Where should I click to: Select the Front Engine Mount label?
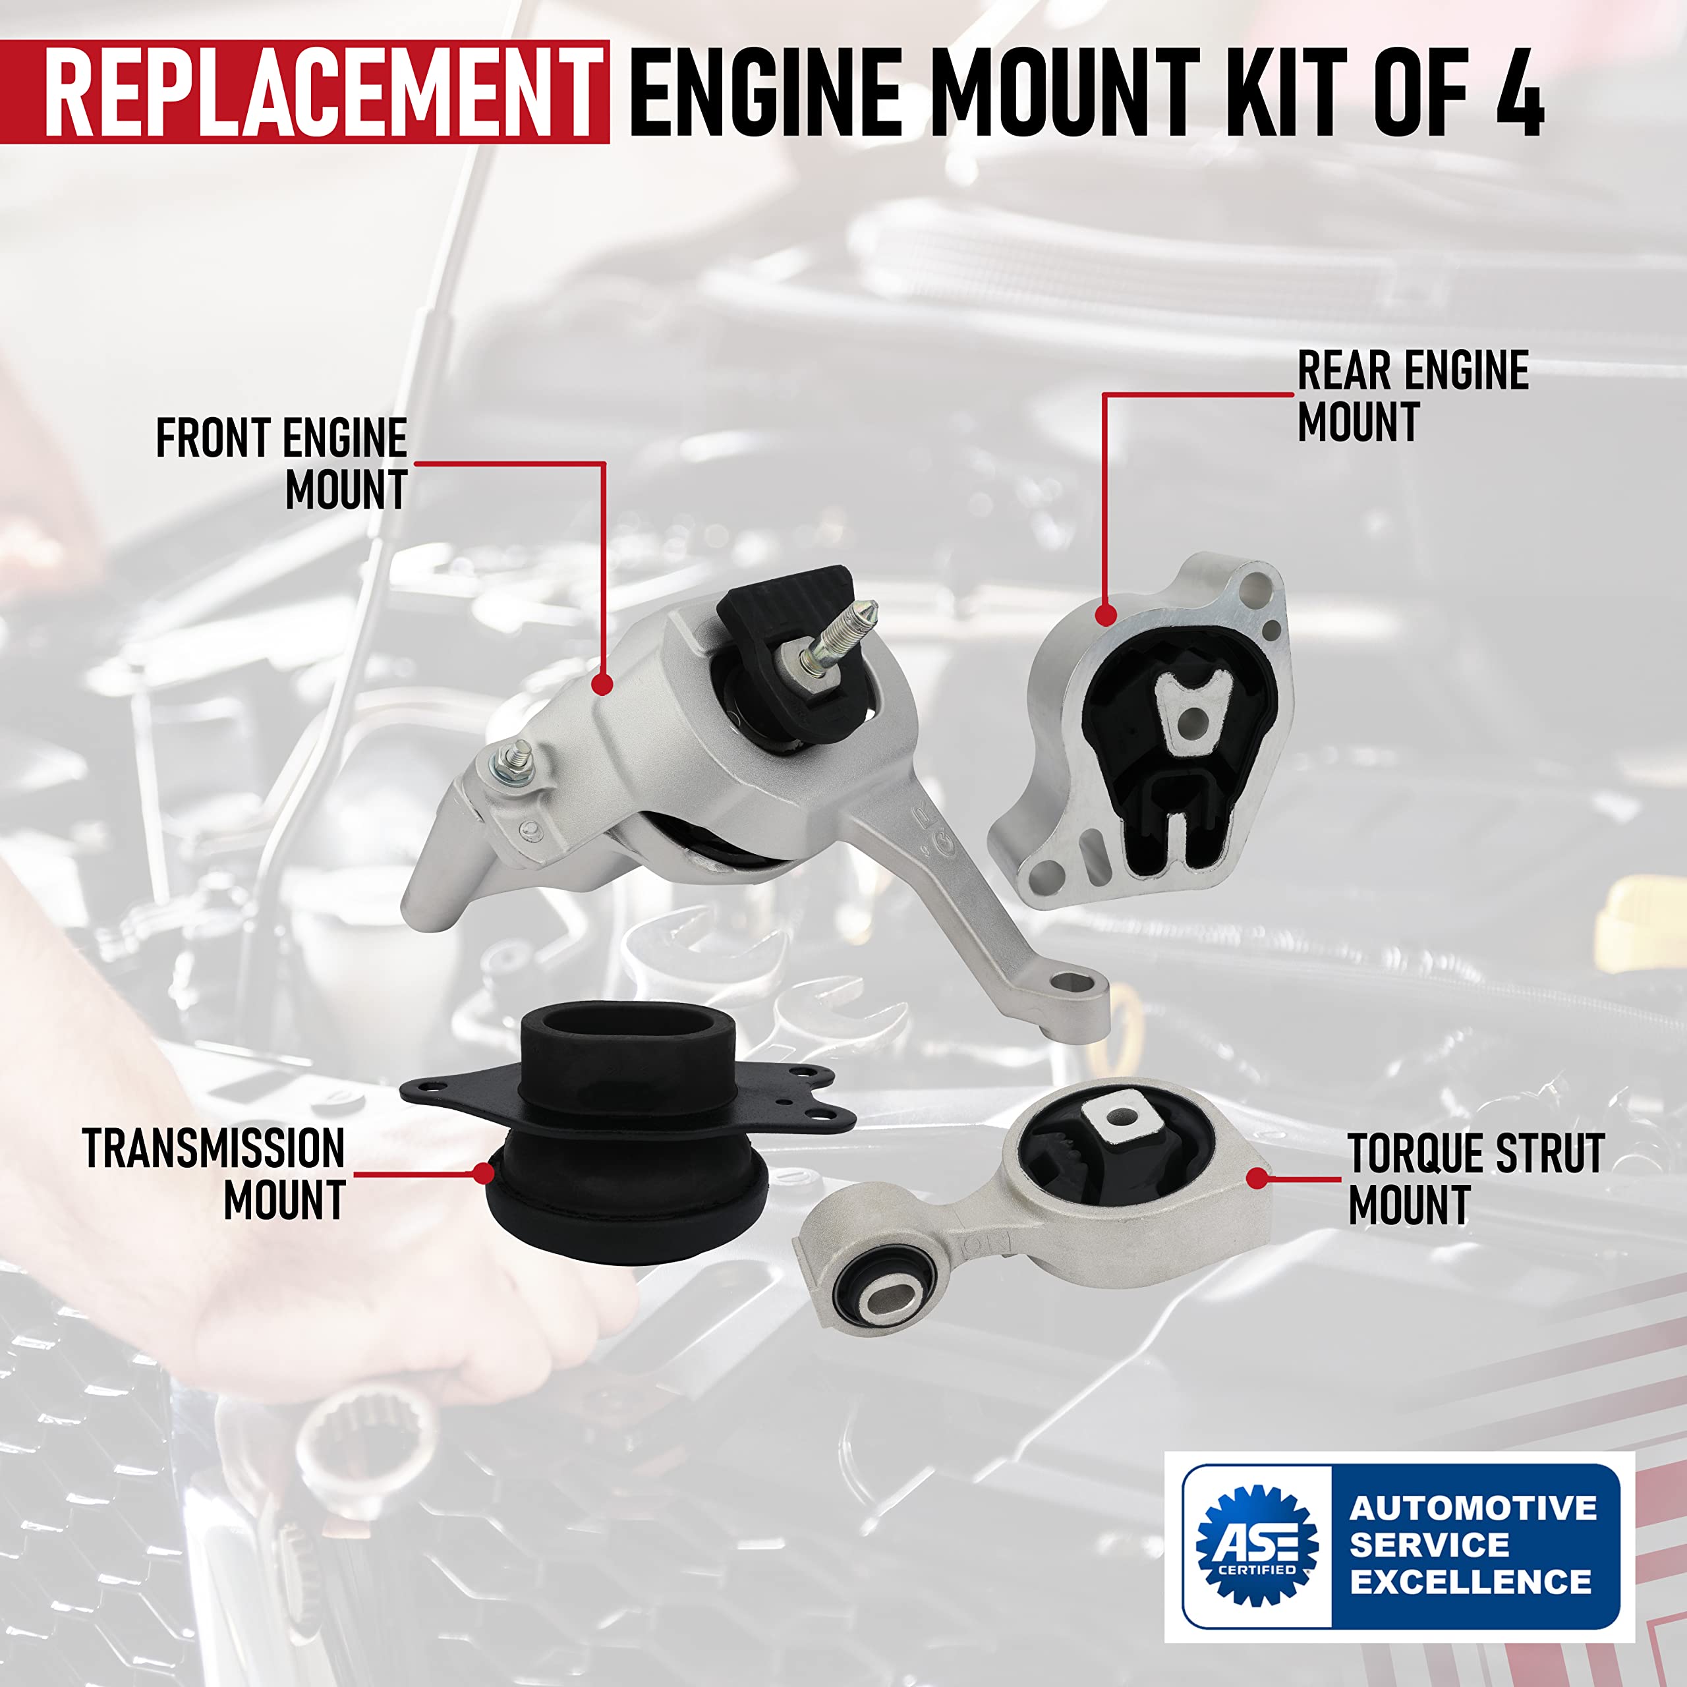(x=282, y=463)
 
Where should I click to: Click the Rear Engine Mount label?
(x=1412, y=395)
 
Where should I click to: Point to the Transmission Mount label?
(x=214, y=1173)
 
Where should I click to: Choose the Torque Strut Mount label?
(x=1475, y=1180)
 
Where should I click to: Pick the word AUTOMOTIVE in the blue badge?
(x=1472, y=1508)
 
